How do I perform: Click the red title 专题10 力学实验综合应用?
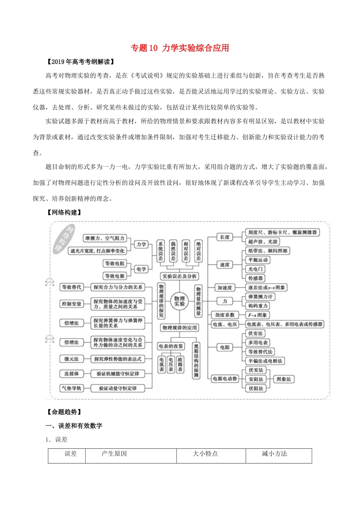[x=180, y=48]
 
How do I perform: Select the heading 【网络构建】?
[x=63, y=212]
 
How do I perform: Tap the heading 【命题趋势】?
[x=63, y=412]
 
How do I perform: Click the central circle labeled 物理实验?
[x=179, y=301]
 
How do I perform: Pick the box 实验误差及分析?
[x=179, y=276]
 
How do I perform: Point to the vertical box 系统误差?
[x=161, y=251]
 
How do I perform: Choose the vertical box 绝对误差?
[x=198, y=251]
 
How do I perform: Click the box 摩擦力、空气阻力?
[x=105, y=238]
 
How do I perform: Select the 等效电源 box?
[x=115, y=276]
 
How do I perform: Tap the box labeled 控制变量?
[x=72, y=304]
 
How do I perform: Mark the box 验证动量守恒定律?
[x=118, y=388]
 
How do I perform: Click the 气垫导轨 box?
[x=72, y=388]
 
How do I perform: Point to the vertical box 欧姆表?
[x=180, y=364]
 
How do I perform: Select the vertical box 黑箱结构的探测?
[x=196, y=361]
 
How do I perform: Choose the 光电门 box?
[x=255, y=269]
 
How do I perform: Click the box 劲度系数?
[x=225, y=315]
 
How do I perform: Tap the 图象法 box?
[x=283, y=379]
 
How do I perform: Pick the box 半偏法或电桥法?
[x=265, y=361]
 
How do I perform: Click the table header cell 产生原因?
[x=114, y=454]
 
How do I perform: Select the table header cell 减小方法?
[x=274, y=454]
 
